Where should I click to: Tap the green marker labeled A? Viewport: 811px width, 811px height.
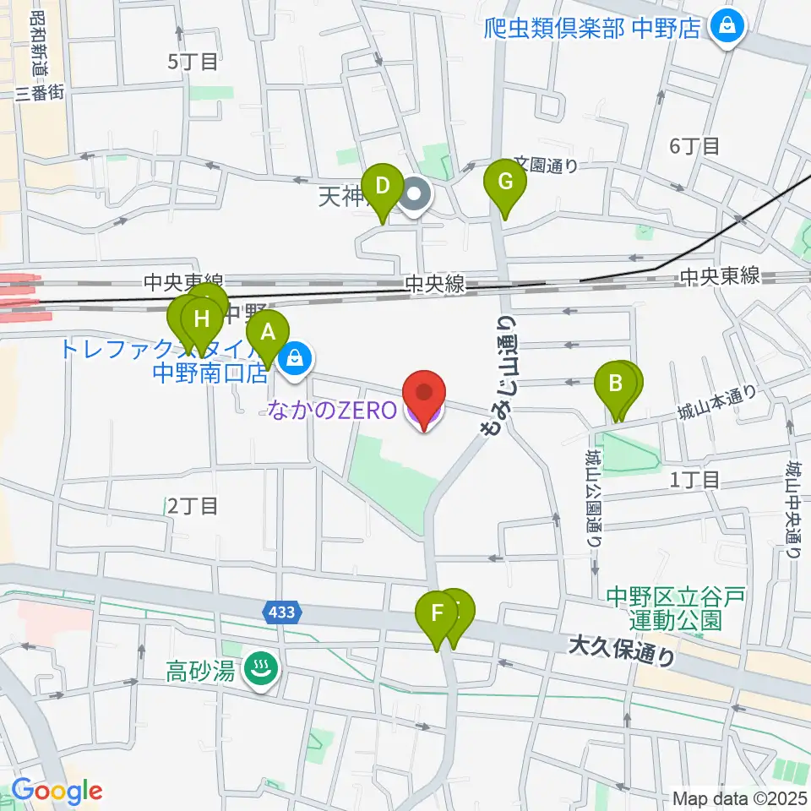268,332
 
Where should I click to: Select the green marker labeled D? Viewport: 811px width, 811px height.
382,184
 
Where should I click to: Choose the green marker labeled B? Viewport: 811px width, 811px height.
616,384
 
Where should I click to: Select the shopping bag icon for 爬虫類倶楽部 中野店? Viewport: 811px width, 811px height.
725,27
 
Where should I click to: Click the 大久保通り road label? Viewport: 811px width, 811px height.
622,651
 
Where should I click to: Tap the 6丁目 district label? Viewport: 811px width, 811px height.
694,145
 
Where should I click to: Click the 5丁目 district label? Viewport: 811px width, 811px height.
193,61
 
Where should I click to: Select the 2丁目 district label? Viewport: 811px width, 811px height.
193,505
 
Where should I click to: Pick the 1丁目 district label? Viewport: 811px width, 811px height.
694,480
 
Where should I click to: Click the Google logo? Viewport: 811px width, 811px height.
57,791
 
